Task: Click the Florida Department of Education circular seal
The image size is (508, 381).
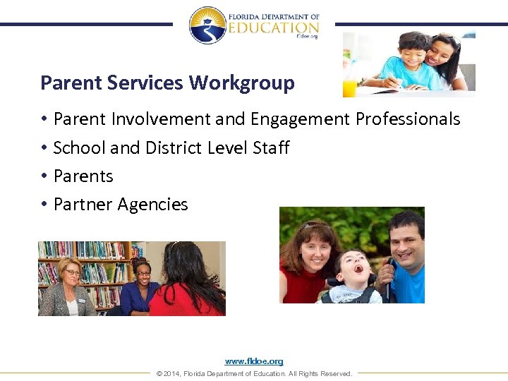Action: [x=207, y=25]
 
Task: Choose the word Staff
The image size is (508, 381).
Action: [x=271, y=147]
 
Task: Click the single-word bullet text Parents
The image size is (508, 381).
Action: [x=83, y=176]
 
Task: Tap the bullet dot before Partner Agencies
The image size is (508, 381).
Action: [x=44, y=205]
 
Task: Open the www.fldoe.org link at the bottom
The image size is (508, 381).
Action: [x=254, y=361]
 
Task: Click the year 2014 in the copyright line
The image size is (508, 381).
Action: [x=171, y=373]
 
